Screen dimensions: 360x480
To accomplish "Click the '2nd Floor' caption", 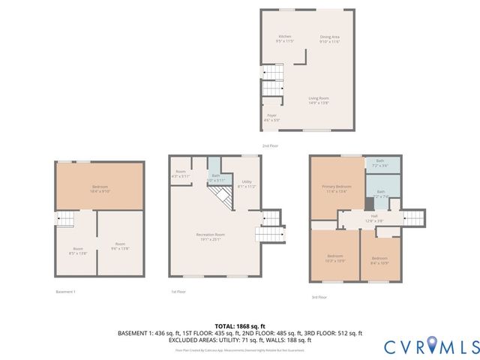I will click(270, 145).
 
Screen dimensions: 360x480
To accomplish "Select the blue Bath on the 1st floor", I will click(215, 177).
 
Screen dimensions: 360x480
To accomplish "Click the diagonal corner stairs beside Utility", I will click(220, 199).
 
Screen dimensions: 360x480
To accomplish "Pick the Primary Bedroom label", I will click(336, 188).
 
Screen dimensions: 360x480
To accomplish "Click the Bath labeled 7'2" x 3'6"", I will click(380, 163).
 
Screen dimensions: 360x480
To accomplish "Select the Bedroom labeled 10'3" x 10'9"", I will click(333, 258).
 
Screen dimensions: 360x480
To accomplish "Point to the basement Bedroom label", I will click(100, 188).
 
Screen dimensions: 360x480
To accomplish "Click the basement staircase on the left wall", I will click(65, 218).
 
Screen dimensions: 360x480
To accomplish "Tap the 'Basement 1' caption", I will click(66, 292).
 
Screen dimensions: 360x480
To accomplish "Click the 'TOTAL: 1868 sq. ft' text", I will click(240, 325).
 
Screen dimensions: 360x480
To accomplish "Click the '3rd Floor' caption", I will click(319, 298).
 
